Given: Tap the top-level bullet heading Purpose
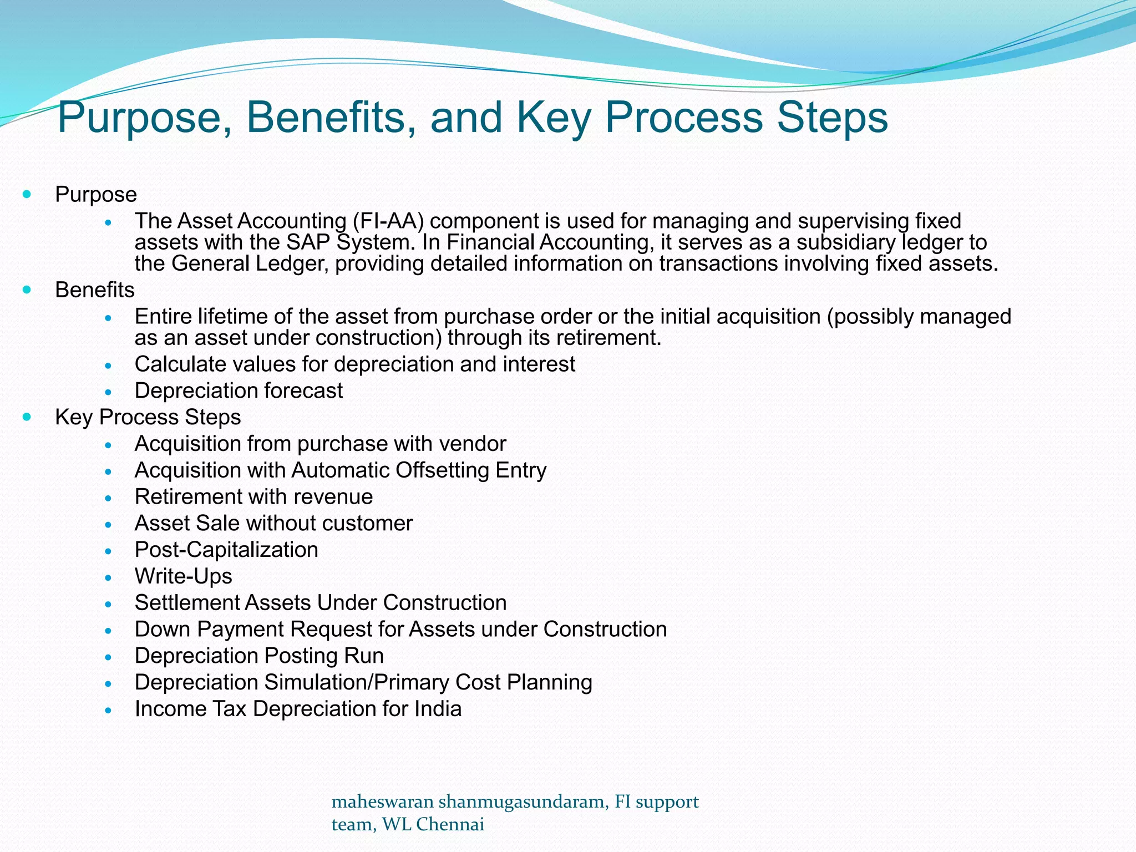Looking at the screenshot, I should (x=96, y=195).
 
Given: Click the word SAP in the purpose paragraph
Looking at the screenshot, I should (x=308, y=242).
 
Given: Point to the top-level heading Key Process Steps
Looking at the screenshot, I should (x=148, y=417).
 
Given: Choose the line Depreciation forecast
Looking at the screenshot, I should (x=239, y=391).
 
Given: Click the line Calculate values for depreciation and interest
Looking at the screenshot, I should (x=355, y=364).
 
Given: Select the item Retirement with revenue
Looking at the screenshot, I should (x=253, y=497).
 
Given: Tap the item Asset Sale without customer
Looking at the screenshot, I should (x=273, y=524).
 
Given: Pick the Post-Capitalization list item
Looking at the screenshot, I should (x=226, y=550).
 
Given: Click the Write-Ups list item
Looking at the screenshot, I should (x=183, y=576).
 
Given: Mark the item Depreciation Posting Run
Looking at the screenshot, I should (x=259, y=656).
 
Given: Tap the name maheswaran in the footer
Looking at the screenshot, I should (x=382, y=802).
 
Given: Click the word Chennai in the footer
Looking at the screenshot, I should (x=450, y=825).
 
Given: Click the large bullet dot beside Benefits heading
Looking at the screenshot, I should (x=27, y=290).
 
